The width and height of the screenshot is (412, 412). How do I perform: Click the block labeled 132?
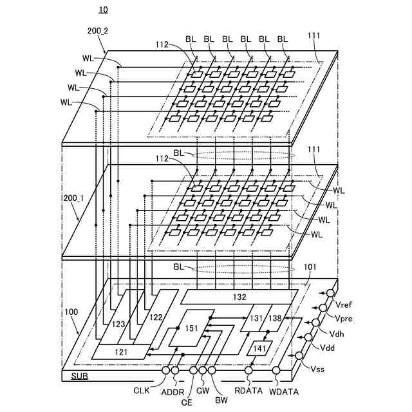[x=239, y=297]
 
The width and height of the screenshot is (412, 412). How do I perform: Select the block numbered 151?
[x=192, y=329]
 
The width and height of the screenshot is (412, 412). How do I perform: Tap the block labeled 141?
[x=260, y=348]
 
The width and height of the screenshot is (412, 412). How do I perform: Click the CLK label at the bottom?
[x=142, y=390]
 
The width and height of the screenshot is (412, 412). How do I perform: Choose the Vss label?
[x=318, y=369]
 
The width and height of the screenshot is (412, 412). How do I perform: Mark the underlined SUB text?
[x=79, y=375]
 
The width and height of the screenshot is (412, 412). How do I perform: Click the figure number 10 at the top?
[x=103, y=10]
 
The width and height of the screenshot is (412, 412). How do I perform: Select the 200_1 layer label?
[x=71, y=200]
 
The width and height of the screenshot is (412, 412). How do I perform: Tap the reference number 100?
[x=71, y=312]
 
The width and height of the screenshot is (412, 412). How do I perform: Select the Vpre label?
[x=344, y=317]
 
